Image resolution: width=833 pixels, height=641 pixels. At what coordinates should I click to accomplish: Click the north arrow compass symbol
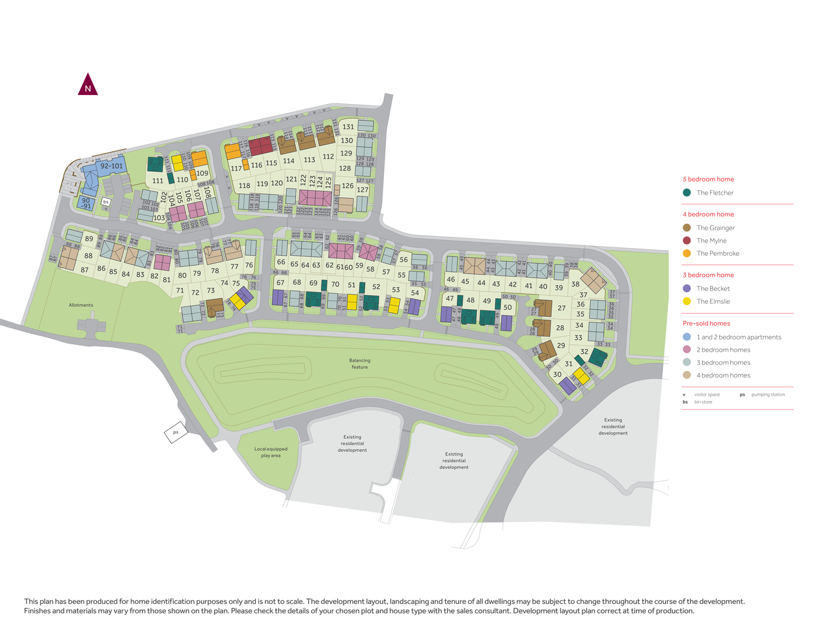pos(88,85)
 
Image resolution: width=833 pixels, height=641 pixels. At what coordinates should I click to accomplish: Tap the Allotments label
pos(81,305)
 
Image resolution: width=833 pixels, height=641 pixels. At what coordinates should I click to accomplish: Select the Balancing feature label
pos(359,364)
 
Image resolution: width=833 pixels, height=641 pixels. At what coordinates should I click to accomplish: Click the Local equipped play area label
pos(271,452)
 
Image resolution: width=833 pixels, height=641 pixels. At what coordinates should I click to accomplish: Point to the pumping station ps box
pos(175,432)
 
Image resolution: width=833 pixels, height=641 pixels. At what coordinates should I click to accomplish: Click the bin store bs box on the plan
pos(105,202)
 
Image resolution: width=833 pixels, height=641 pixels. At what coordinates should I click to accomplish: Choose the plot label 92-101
pos(111,166)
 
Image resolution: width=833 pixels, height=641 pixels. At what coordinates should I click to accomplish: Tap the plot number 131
pos(348,127)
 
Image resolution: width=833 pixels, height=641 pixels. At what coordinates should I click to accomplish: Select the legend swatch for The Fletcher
pos(687,193)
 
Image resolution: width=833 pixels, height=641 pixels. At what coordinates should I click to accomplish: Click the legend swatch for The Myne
pos(687,241)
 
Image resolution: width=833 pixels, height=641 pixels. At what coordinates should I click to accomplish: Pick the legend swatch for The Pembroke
pos(687,254)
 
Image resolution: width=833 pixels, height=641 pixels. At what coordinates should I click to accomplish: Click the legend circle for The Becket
pos(687,288)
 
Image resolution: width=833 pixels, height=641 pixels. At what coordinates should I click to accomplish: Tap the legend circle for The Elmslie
pos(687,301)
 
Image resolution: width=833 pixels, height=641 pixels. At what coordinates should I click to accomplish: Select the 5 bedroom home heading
pos(708,180)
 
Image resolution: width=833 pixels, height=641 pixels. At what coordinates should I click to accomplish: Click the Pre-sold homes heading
pos(706,323)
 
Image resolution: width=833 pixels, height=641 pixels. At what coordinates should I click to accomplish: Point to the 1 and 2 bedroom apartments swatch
pos(687,337)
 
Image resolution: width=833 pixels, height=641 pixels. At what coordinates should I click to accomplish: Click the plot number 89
pos(89,239)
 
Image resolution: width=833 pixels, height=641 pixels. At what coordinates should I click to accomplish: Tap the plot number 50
pos(508,308)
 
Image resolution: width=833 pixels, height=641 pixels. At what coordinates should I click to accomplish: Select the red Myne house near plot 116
pos(260,146)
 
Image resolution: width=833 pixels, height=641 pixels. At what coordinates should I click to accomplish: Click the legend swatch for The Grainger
pos(687,228)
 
